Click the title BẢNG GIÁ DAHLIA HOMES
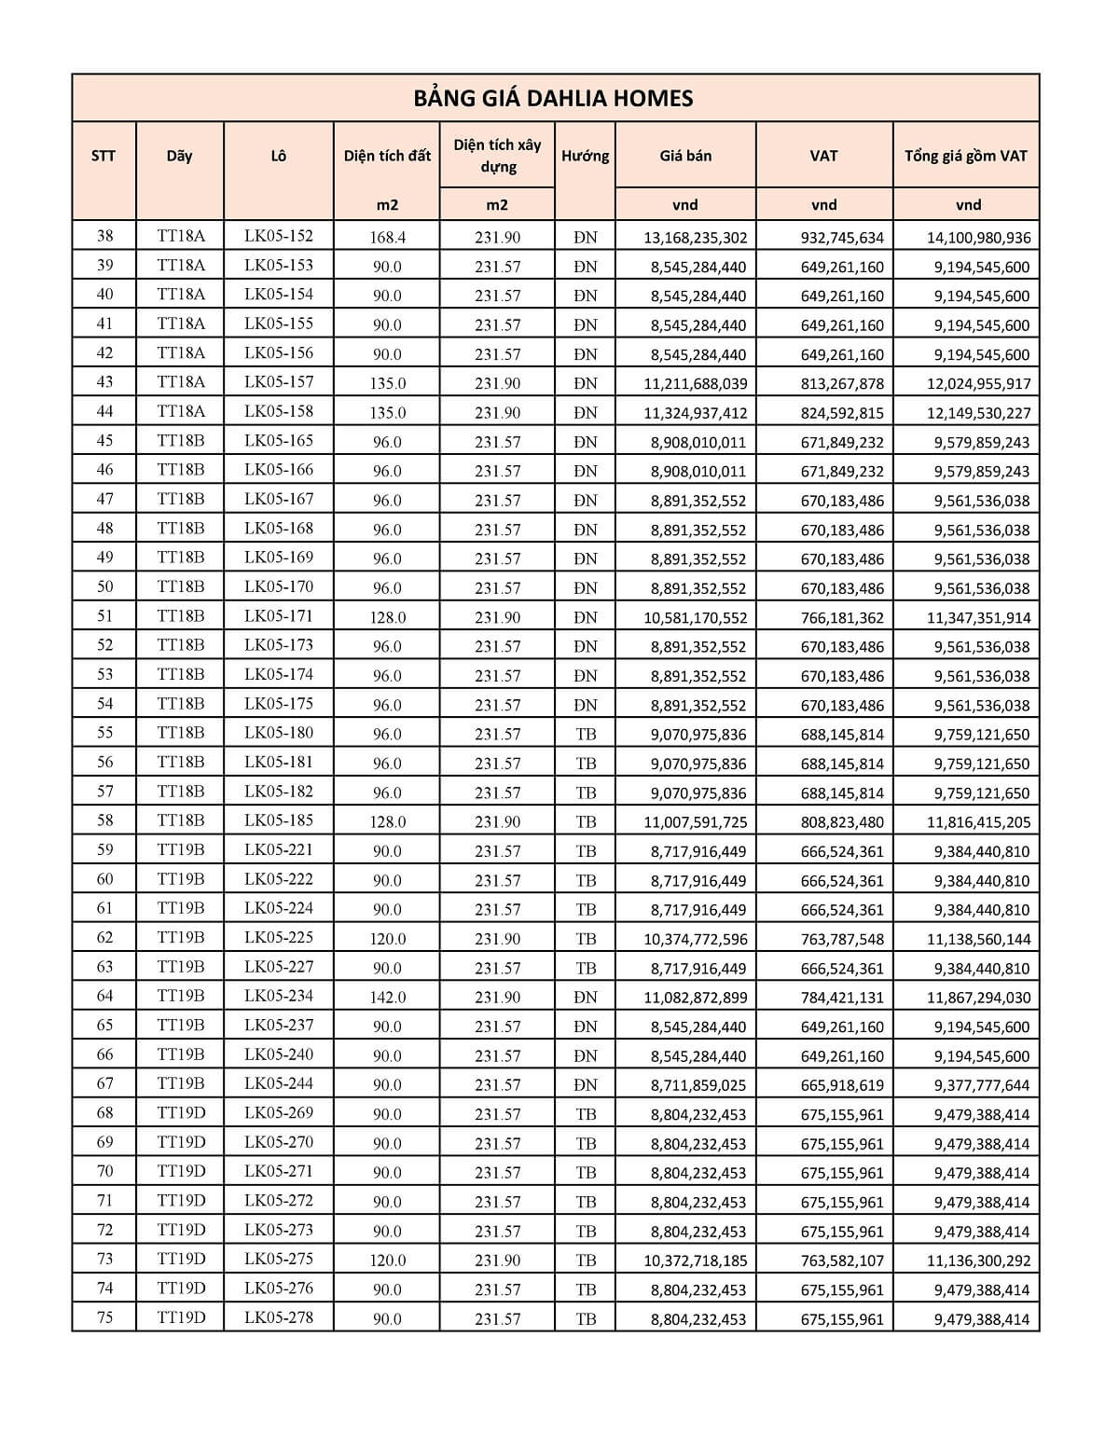[554, 99]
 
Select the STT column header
[104, 156]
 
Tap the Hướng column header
[585, 156]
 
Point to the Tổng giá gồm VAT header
[965, 156]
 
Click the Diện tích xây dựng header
[497, 156]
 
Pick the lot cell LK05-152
[279, 236]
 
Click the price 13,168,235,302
[695, 238]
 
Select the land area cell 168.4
[387, 238]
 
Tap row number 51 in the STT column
[104, 615]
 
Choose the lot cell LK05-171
[279, 615]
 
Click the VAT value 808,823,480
[842, 822]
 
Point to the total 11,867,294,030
[978, 998]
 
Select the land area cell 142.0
[387, 998]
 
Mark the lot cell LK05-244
[279, 1083]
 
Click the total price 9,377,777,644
[982, 1085]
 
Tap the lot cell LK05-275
[279, 1259]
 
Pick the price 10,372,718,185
[695, 1261]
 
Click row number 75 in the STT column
[104, 1317]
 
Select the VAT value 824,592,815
[842, 413]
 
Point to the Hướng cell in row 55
[586, 734]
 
